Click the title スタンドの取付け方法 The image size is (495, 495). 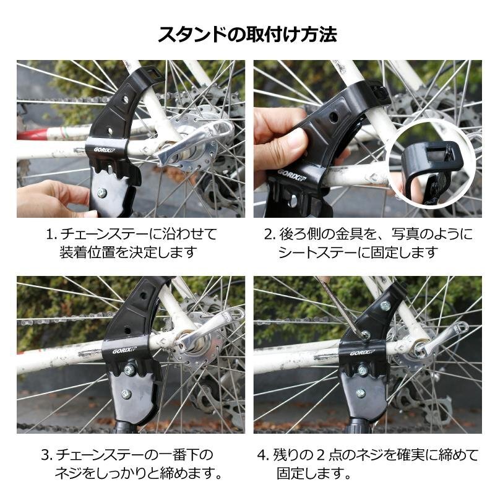(x=247, y=34)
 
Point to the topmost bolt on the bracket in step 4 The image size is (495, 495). (x=384, y=305)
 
